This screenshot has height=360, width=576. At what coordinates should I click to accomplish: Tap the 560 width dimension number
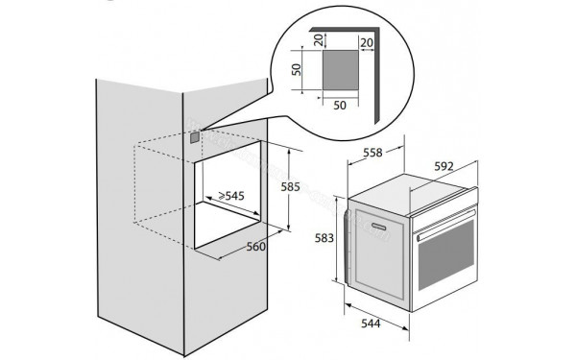click(254, 246)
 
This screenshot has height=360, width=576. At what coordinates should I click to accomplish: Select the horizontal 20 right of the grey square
click(367, 45)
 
